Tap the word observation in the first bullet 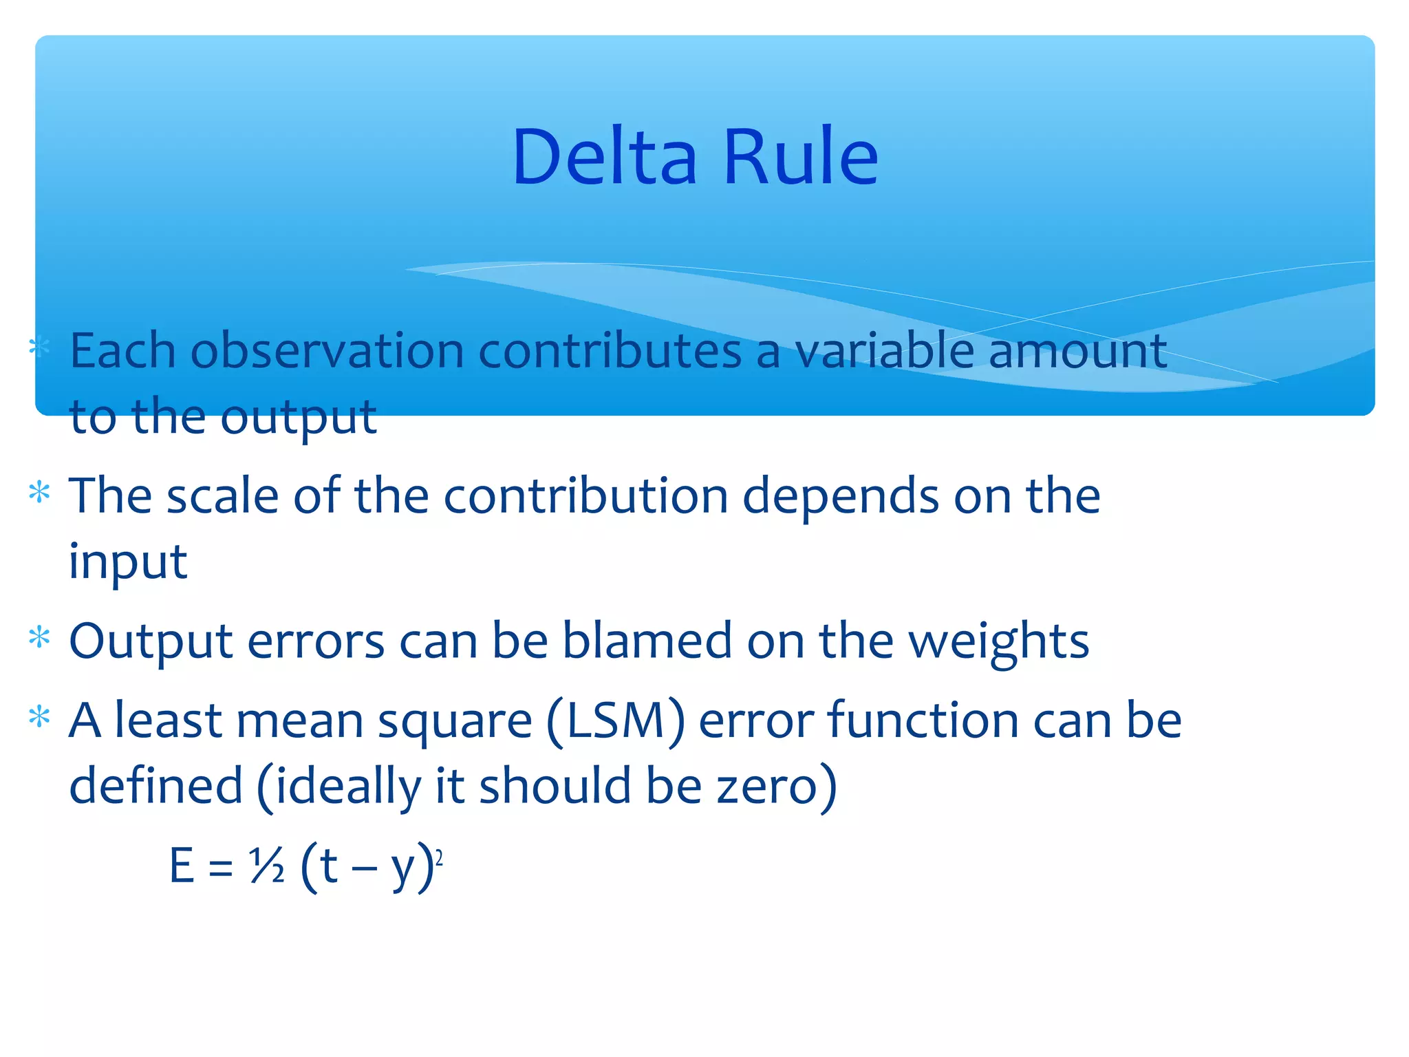point(327,351)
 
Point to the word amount point(1077,351)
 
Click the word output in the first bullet point(299,418)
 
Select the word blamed point(647,641)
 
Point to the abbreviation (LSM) point(616,721)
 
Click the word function point(923,720)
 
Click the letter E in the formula point(182,866)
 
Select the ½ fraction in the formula point(266,866)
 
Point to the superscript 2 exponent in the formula point(439,857)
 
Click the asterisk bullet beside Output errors point(40,638)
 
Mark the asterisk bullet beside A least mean point(40,716)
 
